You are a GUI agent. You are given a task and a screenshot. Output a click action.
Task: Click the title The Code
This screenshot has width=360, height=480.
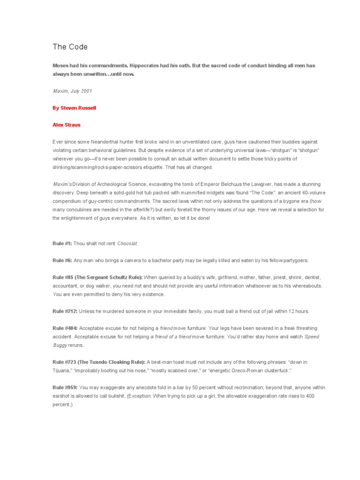70,47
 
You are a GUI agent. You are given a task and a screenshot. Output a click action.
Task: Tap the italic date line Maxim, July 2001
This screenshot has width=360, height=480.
72,90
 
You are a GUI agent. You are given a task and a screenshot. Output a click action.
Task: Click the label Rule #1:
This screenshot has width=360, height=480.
62,244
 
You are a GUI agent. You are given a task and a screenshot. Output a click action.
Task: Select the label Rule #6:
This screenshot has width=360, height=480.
62,260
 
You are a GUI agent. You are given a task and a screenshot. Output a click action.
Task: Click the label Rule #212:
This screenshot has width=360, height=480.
65,311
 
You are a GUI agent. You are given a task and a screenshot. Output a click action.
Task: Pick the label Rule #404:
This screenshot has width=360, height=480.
65,329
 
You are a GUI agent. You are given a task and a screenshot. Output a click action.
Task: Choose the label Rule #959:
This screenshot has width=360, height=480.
65,388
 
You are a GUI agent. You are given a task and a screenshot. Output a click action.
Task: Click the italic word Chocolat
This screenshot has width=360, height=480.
127,244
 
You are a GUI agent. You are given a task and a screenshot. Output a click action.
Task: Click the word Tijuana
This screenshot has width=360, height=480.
63,371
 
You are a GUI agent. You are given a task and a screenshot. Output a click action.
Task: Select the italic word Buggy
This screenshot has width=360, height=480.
60,345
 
